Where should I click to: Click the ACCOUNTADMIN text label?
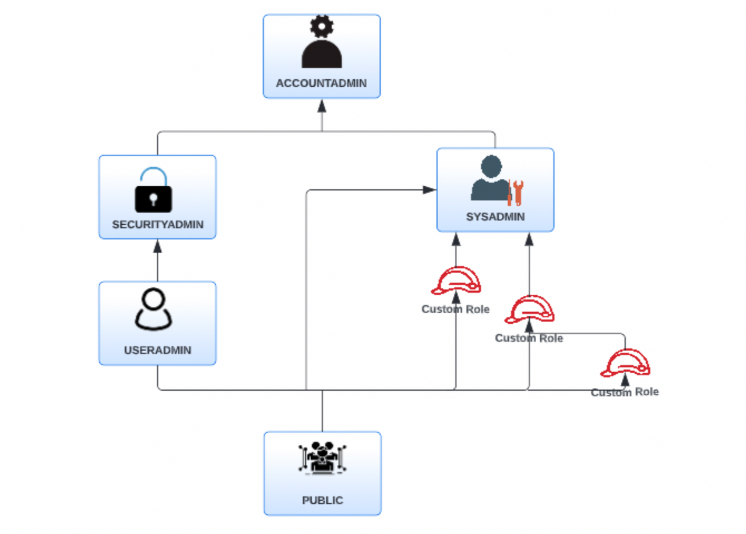coord(321,83)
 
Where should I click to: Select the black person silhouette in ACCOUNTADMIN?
coord(322,54)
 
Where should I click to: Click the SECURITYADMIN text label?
coord(157,224)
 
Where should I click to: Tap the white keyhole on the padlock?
coord(153,200)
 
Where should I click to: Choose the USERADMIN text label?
coord(157,350)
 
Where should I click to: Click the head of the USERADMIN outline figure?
coord(154,300)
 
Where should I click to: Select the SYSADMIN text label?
coord(495,217)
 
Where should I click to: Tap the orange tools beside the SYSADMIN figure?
coord(515,193)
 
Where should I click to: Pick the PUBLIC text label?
coord(322,500)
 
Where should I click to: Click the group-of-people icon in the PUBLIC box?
coord(322,458)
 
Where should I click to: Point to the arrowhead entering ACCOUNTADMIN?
coord(322,105)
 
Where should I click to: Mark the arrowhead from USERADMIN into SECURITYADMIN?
coord(157,246)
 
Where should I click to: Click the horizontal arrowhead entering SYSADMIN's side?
coord(430,190)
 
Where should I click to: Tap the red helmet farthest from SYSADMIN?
coord(625,363)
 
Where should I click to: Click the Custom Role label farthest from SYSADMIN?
coord(625,392)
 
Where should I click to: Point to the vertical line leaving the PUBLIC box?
coord(322,411)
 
